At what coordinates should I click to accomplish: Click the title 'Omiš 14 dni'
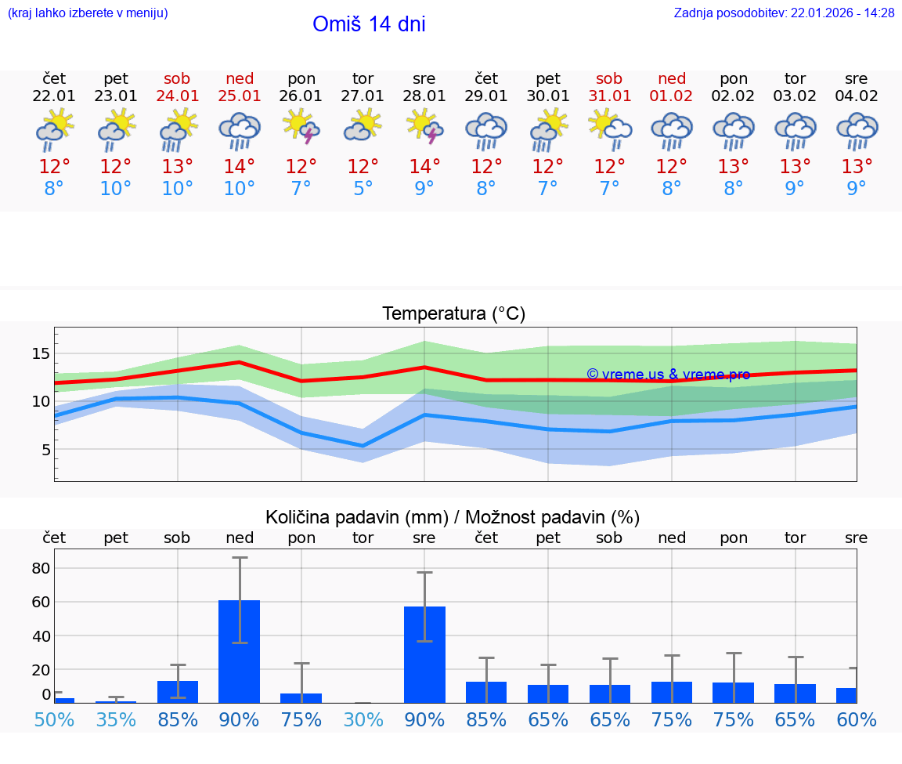click(369, 24)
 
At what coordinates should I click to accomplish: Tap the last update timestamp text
click(784, 13)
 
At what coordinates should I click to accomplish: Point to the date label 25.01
click(240, 96)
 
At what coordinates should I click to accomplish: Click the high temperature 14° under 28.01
click(424, 167)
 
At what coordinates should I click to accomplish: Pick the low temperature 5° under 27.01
click(363, 189)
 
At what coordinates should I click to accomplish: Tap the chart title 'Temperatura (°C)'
click(453, 314)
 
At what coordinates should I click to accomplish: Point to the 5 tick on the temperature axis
click(45, 450)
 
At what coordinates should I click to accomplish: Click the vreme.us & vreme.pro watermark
click(668, 375)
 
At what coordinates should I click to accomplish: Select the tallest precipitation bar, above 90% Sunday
click(240, 651)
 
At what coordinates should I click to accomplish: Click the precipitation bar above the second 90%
click(424, 654)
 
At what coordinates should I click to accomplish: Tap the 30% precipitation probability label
click(363, 719)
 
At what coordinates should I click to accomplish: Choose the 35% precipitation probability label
click(116, 719)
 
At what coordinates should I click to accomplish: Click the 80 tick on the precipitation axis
click(41, 568)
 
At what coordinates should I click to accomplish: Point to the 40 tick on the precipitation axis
click(41, 635)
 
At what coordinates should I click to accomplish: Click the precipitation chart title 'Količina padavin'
click(453, 517)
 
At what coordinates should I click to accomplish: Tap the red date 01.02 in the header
click(671, 96)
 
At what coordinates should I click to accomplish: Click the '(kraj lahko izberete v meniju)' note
click(88, 13)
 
